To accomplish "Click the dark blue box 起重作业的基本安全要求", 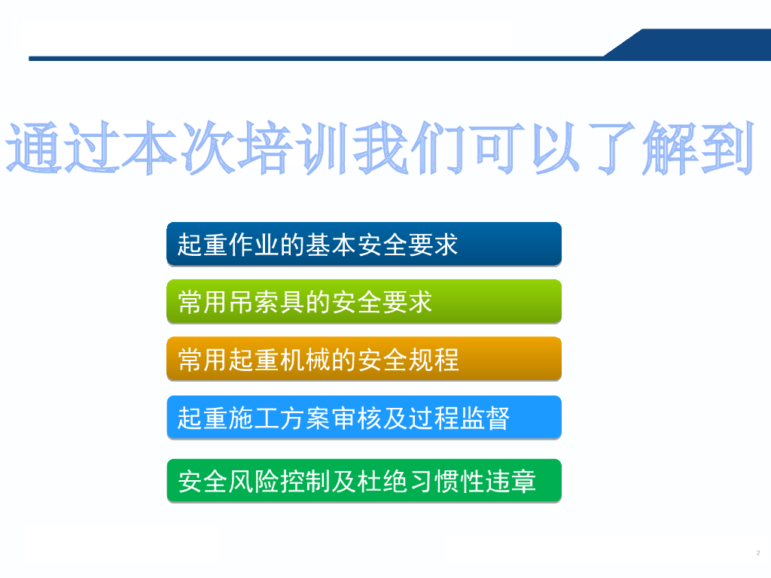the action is point(364,244).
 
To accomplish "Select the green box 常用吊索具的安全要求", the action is point(364,301).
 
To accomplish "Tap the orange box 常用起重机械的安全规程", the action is point(364,359).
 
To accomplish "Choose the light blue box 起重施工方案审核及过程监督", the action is point(364,417).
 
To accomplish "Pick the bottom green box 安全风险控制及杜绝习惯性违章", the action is point(364,481).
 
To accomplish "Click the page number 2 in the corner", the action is point(757,553).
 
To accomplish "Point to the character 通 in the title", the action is point(33,148).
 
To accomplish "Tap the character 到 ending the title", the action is point(727,148).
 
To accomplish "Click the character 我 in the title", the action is point(381,148).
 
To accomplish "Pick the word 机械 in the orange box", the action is point(305,359).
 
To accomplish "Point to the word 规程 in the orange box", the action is point(433,359).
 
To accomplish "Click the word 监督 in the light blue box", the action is point(484,418).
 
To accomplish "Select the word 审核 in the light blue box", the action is point(356,418).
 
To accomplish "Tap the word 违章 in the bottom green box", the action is point(510,481).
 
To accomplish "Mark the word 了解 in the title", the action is point(643,148).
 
